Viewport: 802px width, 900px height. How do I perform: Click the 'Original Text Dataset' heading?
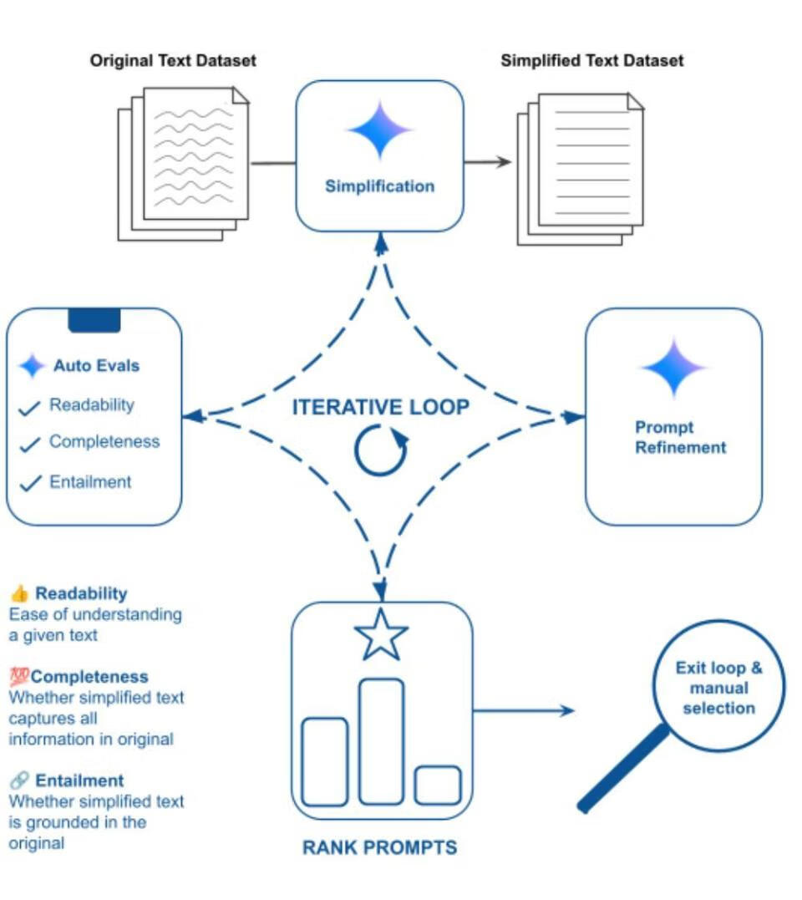coord(173,61)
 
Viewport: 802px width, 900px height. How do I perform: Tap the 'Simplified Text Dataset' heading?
coord(591,61)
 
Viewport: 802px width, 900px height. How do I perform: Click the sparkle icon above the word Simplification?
coord(380,130)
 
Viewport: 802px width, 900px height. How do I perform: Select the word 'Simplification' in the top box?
coord(379,186)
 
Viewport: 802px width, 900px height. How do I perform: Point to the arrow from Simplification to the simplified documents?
coord(488,162)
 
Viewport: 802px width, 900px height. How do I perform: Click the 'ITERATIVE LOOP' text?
coord(380,408)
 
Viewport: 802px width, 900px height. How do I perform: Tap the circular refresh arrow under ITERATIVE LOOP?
coord(381,451)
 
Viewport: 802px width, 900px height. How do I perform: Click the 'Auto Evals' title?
coord(96,365)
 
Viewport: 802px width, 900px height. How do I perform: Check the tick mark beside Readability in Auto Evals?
coord(30,408)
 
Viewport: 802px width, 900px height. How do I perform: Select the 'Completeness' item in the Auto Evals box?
coord(104,442)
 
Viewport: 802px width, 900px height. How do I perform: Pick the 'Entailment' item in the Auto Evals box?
coord(90,482)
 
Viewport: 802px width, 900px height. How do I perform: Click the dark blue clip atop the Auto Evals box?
coord(94,320)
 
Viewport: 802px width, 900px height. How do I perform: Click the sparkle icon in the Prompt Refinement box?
coord(673,369)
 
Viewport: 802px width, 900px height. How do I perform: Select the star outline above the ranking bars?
coord(381,635)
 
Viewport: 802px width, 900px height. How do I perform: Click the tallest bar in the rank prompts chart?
coord(381,741)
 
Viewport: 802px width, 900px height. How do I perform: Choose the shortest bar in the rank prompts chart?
coord(437,786)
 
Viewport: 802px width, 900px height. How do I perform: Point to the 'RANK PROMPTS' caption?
coord(379,848)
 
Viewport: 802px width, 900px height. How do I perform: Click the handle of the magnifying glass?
coord(623,769)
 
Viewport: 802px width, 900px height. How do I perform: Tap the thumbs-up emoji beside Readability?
coord(19,594)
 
